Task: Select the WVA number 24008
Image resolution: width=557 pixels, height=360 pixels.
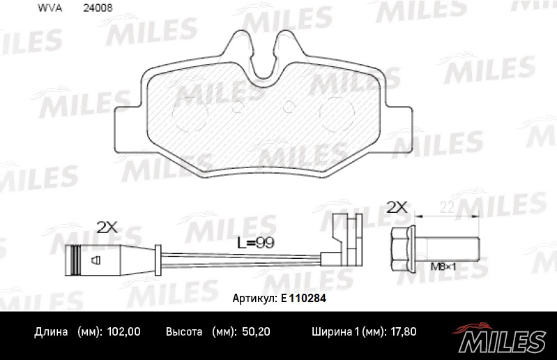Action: pyautogui.click(x=98, y=9)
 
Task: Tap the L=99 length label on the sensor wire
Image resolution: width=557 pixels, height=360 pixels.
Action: pyautogui.click(x=254, y=243)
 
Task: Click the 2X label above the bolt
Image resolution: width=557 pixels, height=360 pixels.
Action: pyautogui.click(x=397, y=207)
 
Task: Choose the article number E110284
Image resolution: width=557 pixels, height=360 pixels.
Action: pyautogui.click(x=304, y=298)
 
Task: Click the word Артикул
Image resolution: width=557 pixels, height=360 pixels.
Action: pyautogui.click(x=254, y=298)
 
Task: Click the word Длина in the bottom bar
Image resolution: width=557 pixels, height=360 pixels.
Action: pyautogui.click(x=51, y=332)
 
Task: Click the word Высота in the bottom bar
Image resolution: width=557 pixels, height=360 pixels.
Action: pyautogui.click(x=184, y=332)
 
